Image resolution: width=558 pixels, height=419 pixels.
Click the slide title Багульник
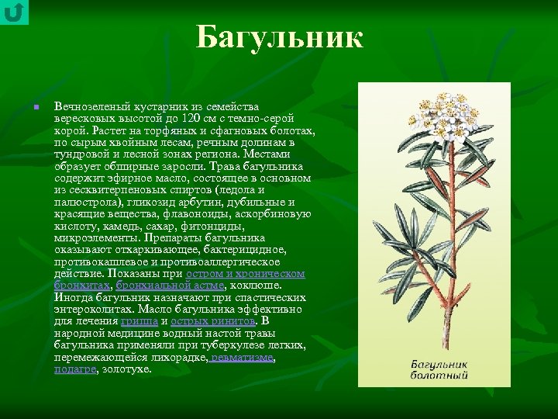click(279, 37)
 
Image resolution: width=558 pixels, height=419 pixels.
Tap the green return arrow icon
click(14, 12)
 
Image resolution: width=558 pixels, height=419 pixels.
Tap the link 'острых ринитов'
click(212, 321)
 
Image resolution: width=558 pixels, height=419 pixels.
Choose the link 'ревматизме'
click(243, 358)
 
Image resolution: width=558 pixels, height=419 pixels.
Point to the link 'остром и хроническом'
click(245, 274)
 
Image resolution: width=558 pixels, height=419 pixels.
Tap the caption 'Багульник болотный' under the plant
click(439, 369)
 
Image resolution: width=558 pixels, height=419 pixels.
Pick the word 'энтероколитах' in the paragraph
click(91, 310)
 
